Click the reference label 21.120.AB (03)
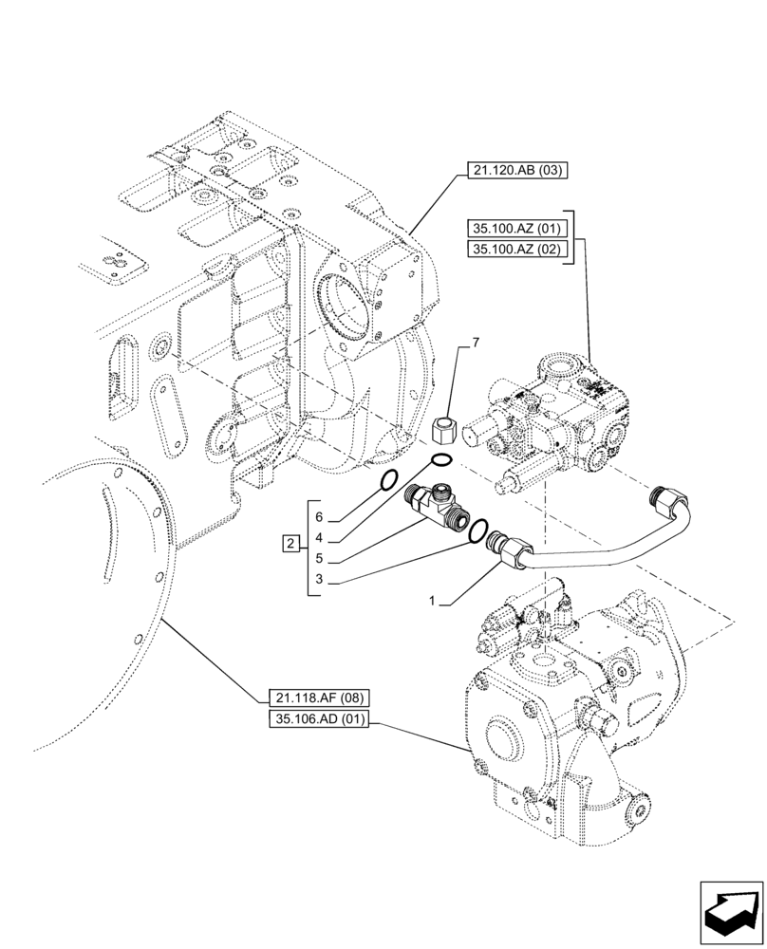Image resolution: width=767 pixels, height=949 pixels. coord(514,172)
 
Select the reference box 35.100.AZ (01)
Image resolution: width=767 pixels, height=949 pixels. coord(515,228)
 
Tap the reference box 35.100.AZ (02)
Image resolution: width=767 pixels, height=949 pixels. coord(515,250)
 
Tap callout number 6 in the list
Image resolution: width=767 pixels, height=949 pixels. coord(319,517)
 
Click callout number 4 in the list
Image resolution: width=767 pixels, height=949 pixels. coord(319,537)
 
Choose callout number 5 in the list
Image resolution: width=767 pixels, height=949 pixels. coord(319,558)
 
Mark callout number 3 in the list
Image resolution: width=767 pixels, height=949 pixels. coord(319,579)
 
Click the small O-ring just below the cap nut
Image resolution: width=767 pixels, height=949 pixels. coord(440,461)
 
